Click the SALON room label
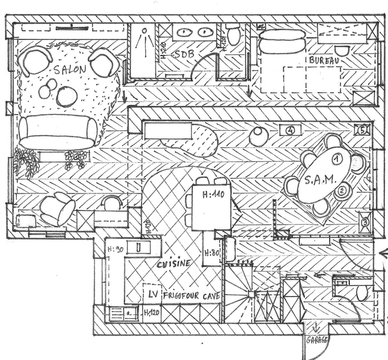(69, 70)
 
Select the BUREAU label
(324, 61)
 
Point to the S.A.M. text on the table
(319, 180)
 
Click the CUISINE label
(174, 264)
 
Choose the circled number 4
(290, 130)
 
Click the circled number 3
(365, 222)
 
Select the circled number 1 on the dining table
(336, 158)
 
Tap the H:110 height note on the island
(213, 195)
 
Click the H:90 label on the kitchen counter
(115, 249)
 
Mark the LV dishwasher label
(153, 294)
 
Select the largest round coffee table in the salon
(67, 96)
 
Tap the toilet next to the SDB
(234, 36)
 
